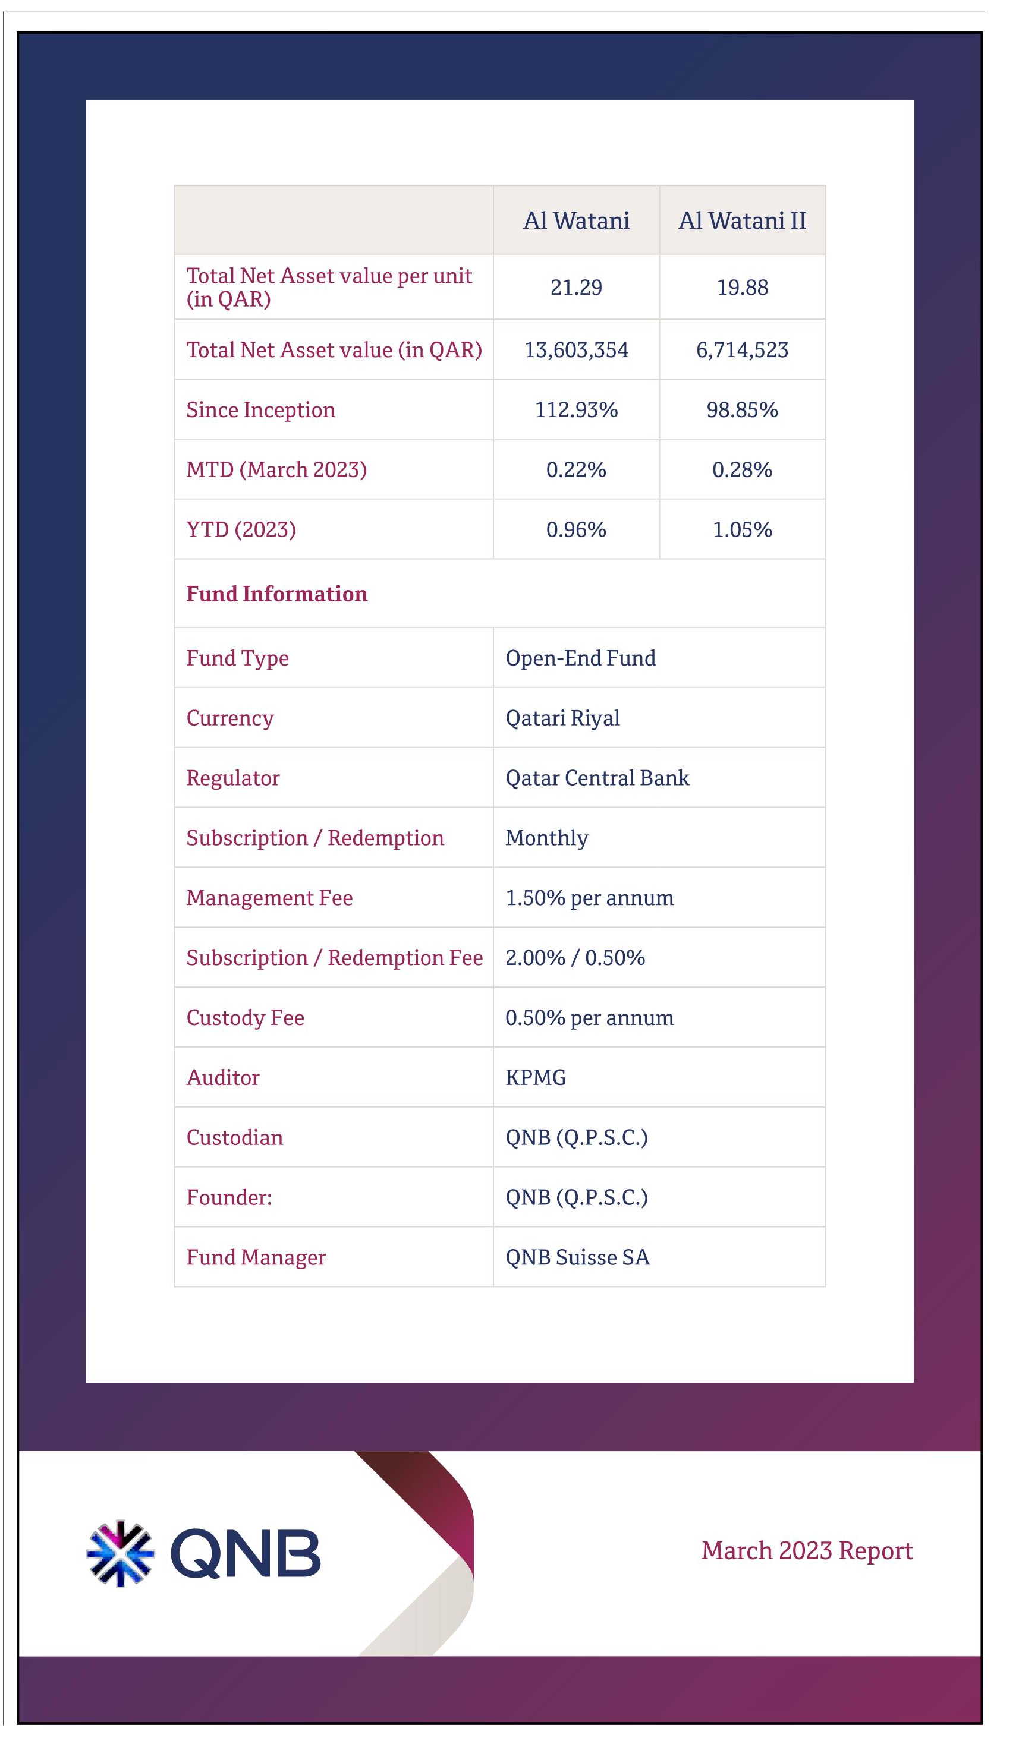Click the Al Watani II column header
pyautogui.click(x=742, y=221)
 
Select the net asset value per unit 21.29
pyautogui.click(x=576, y=287)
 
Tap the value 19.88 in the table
pyautogui.click(x=742, y=287)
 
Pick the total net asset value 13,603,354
pyautogui.click(x=576, y=350)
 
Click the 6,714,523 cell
pyautogui.click(x=742, y=350)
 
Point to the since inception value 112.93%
pyautogui.click(x=576, y=409)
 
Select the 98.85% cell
pyautogui.click(x=742, y=409)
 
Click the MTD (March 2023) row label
pyautogui.click(x=276, y=470)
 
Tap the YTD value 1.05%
pyautogui.click(x=742, y=530)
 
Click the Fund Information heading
pyautogui.click(x=277, y=594)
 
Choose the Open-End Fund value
pyautogui.click(x=581, y=658)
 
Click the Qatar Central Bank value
pyautogui.click(x=597, y=778)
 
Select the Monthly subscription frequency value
pyautogui.click(x=547, y=838)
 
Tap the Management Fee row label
pyautogui.click(x=269, y=898)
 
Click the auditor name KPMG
pyautogui.click(x=536, y=1077)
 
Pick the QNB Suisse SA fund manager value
pyautogui.click(x=578, y=1257)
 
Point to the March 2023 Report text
pyautogui.click(x=807, y=1551)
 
